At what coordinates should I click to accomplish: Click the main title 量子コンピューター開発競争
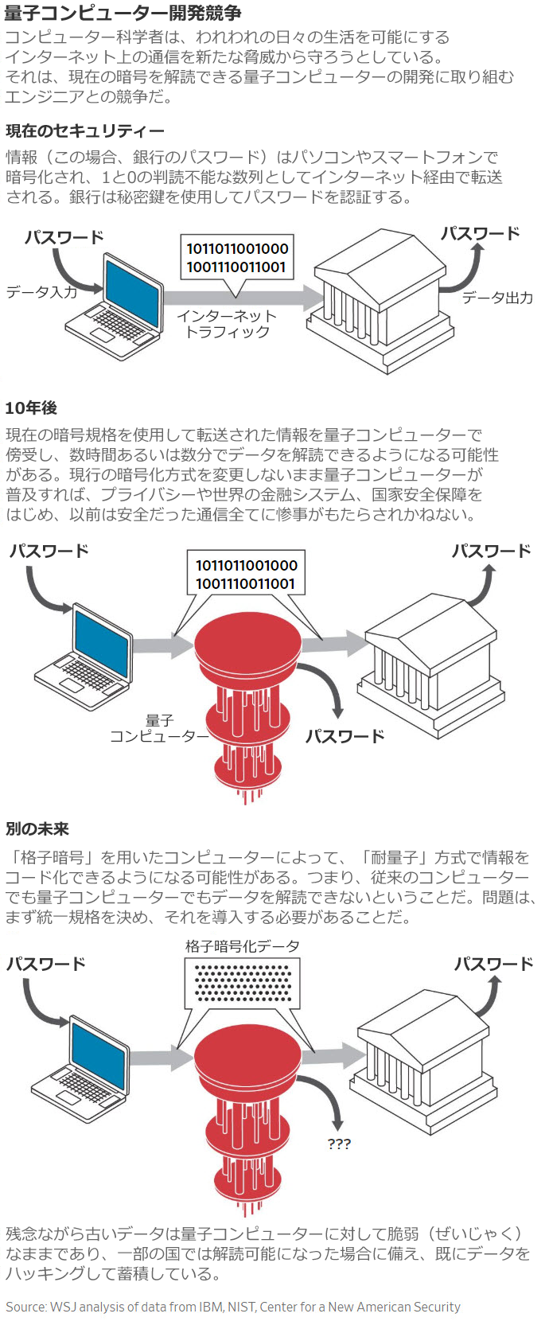[x=123, y=13]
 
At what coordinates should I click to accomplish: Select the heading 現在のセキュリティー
[x=85, y=131]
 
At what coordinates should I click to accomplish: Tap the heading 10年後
[x=31, y=407]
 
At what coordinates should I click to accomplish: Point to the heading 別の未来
[x=37, y=829]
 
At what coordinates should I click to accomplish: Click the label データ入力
[x=41, y=291]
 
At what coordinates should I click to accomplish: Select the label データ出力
[x=497, y=298]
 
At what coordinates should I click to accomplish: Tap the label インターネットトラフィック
[x=227, y=324]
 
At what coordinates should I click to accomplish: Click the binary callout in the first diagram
[x=236, y=259]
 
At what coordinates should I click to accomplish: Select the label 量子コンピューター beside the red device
[x=159, y=729]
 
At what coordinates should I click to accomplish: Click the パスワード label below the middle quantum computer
[x=345, y=736]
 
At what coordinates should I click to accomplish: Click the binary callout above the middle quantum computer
[x=246, y=575]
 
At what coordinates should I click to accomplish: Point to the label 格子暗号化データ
[x=243, y=946]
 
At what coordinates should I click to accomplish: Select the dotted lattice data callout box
[x=243, y=983]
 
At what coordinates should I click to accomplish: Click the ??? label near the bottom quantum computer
[x=339, y=1144]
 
